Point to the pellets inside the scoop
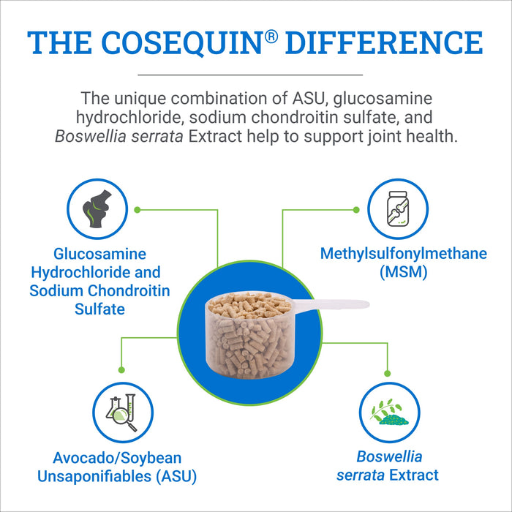pos(249,329)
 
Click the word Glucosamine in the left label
pos(99,255)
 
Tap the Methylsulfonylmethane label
pos(404,255)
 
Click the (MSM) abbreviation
pos(404,273)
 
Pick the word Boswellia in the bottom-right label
pos(389,457)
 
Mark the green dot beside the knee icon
pos(137,209)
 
